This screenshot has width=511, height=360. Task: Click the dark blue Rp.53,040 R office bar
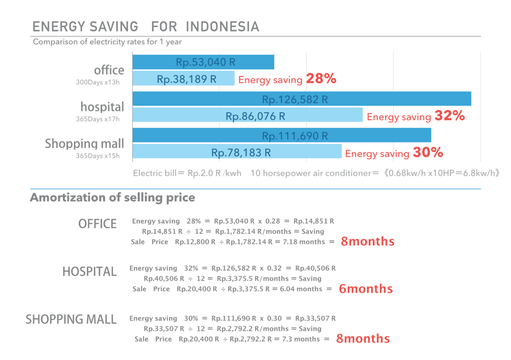point(203,62)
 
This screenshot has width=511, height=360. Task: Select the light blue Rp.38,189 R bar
point(183,79)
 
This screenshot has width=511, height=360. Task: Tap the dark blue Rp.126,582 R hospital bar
point(302,99)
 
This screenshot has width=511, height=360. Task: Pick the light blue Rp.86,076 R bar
point(247,116)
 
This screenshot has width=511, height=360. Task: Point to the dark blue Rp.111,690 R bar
point(282,136)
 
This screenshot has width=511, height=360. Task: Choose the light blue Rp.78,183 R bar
point(237,152)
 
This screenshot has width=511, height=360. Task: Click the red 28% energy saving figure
point(321,79)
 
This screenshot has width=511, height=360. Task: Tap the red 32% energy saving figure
point(450,116)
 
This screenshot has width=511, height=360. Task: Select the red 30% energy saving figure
point(428,153)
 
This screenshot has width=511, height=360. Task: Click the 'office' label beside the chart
point(109,70)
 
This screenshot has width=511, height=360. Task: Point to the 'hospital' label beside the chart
point(102,107)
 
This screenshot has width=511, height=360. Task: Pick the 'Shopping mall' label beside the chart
point(85,144)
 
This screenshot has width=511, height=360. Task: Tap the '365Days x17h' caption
point(98,119)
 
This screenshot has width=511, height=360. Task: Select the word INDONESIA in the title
point(222,27)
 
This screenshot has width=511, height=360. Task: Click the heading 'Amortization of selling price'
point(112,198)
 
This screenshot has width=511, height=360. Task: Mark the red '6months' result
point(366,289)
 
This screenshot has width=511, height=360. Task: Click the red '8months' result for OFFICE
point(368,242)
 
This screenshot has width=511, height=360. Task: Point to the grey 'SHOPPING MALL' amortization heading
point(71,319)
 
